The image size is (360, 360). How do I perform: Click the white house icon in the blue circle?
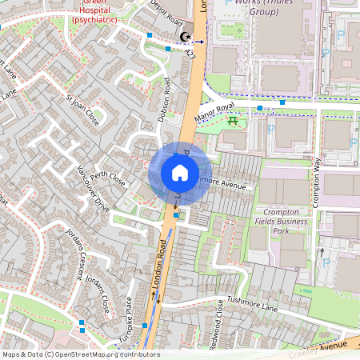180,172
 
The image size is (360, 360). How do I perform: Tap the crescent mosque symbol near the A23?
186,37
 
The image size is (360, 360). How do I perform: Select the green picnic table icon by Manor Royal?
233,121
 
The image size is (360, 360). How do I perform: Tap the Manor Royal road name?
213,108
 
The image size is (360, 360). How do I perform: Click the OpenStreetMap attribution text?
80,354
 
